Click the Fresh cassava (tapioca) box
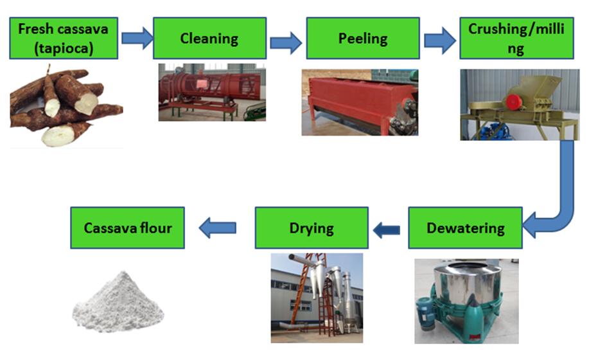(64, 38)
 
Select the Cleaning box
(209, 38)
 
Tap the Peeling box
(363, 38)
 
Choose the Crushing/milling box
(516, 38)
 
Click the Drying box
(312, 228)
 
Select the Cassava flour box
(127, 228)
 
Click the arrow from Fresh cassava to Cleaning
(137, 38)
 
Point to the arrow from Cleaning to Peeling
(285, 42)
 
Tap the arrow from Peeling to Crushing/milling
(439, 42)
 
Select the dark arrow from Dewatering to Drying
(387, 228)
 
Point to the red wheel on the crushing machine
(513, 102)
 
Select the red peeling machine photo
(360, 103)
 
